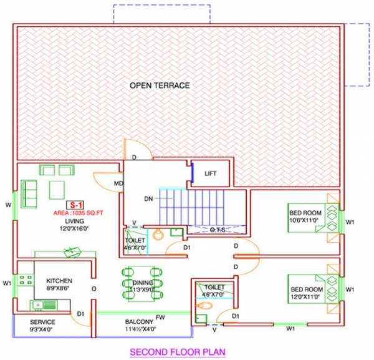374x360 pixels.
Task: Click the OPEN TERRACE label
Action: coord(159,85)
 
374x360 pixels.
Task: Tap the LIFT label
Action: coord(211,173)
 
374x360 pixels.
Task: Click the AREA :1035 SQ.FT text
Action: coord(79,213)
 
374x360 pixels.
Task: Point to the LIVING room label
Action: coord(75,221)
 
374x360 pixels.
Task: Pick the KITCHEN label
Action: coord(59,281)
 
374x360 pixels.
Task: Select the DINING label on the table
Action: coord(143,283)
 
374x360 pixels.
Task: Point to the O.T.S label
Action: coord(217,230)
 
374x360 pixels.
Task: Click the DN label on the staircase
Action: coord(148,199)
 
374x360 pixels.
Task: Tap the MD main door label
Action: coord(118,183)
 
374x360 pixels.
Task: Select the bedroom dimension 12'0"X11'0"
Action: coord(305,298)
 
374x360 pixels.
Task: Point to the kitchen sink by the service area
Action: coord(42,305)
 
